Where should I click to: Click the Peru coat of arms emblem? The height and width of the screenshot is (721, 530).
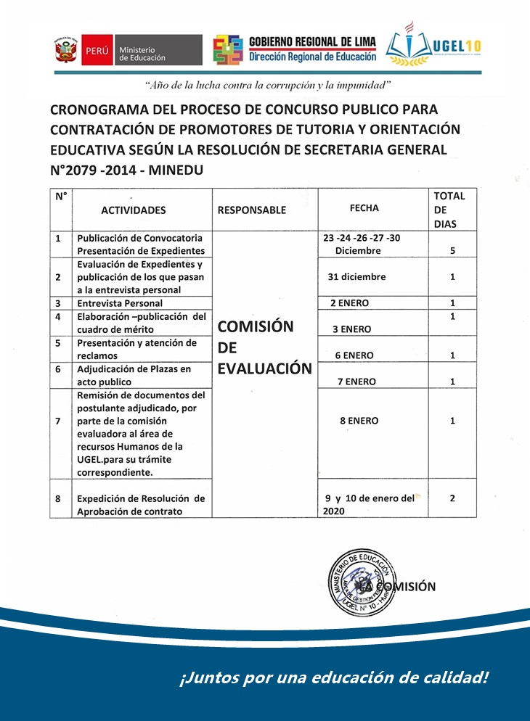[66, 51]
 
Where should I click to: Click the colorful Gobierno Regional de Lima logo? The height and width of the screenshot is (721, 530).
[228, 50]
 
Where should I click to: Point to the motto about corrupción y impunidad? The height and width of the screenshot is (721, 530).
[268, 86]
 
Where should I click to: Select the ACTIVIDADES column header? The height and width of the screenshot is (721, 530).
[134, 210]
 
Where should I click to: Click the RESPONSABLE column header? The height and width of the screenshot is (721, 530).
[251, 210]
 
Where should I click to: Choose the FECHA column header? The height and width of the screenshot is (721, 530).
[364, 208]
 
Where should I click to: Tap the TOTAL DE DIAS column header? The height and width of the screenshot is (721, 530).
[449, 210]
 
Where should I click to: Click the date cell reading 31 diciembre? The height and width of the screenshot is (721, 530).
[356, 277]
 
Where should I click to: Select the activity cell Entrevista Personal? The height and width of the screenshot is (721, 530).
[120, 303]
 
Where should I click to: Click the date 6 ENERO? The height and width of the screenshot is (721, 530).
[354, 355]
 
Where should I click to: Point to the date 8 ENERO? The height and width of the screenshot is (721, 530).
[359, 421]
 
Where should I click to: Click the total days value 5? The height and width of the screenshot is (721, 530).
[453, 251]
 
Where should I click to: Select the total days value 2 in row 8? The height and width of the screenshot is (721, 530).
[452, 498]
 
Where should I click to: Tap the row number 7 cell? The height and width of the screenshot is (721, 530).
[57, 421]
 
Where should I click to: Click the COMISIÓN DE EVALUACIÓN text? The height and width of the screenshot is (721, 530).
[264, 347]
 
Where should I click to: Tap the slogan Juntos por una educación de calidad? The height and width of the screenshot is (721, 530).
[333, 678]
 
